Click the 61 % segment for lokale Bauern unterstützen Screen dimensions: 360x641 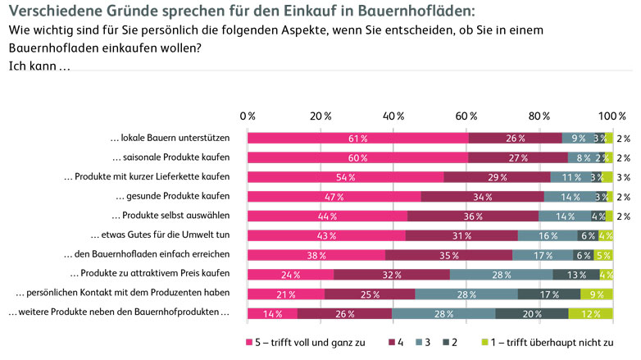pyautogui.click(x=357, y=138)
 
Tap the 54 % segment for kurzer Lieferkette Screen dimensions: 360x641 pyautogui.click(x=345, y=177)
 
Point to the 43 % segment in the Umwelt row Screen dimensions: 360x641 pyautogui.click(x=326, y=235)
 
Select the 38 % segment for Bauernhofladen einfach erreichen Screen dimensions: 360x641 pyautogui.click(x=316, y=255)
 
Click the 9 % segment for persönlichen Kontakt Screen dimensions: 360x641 pyautogui.click(x=596, y=294)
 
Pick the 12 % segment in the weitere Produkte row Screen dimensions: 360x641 pyautogui.click(x=590, y=313)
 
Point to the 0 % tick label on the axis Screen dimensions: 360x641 pyautogui.click(x=248, y=115)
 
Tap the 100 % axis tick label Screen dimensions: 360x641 pyautogui.click(x=611, y=115)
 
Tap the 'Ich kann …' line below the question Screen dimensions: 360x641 pyautogui.click(x=39, y=66)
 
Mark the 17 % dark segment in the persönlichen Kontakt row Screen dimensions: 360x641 pyautogui.click(x=549, y=294)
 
